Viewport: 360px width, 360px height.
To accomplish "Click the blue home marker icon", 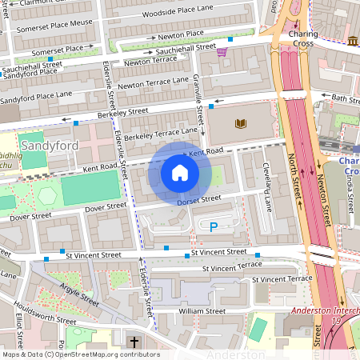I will pyautogui.click(x=180, y=172).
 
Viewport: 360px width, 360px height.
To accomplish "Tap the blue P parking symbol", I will pyautogui.click(x=214, y=228).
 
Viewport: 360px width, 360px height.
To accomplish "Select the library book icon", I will pyautogui.click(x=240, y=123).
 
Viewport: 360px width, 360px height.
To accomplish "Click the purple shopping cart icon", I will pyautogui.click(x=222, y=52).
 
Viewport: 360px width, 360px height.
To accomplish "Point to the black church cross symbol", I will pyautogui.click(x=134, y=342).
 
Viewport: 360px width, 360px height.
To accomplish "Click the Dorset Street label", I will pyautogui.click(x=198, y=200).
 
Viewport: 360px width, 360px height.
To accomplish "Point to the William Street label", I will pyautogui.click(x=202, y=310).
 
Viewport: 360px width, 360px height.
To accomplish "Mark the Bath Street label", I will pyautogui.click(x=346, y=98).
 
